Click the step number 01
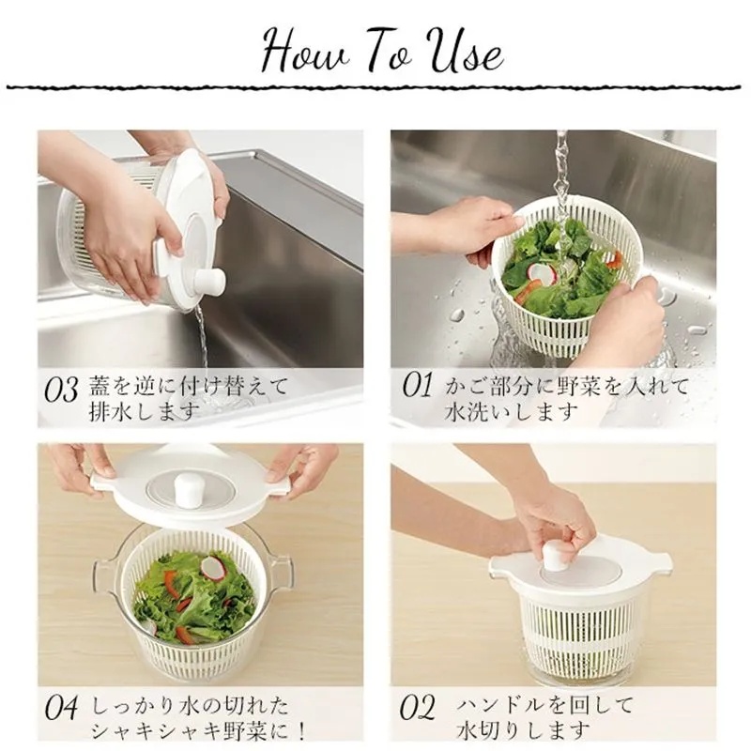pos(417,386)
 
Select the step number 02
pos(417,708)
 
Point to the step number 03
pos(61,390)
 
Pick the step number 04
pos(61,708)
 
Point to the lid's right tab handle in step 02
pos(660,561)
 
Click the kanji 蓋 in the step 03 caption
pos(100,386)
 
